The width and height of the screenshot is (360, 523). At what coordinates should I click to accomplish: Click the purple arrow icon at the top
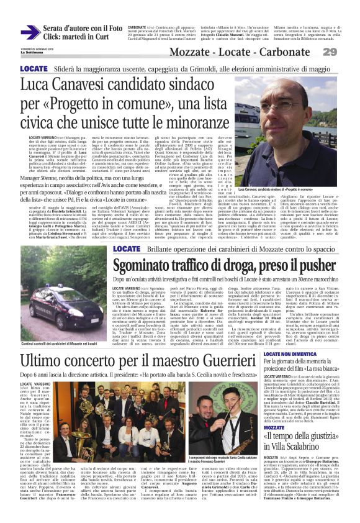(x=30, y=32)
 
